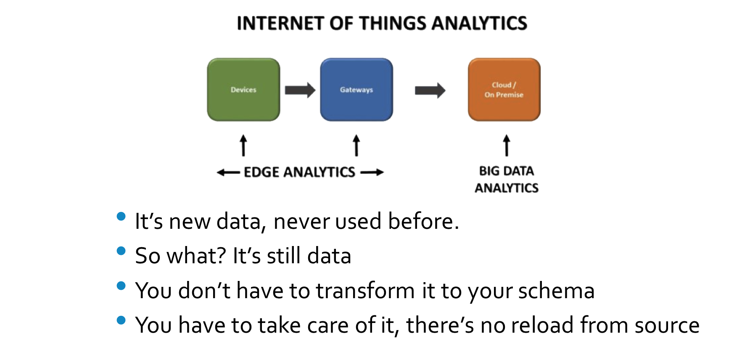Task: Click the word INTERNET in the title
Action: point(280,24)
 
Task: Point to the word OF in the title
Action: point(341,24)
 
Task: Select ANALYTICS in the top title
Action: point(479,24)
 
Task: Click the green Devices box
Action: point(243,90)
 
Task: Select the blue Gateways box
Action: point(357,90)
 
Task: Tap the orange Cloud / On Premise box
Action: point(504,90)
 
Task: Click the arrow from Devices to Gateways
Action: point(300,90)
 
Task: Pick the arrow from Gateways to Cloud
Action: point(430,90)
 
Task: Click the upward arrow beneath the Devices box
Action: point(243,145)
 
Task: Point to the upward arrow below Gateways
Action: point(357,145)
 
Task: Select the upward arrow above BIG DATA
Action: point(507,145)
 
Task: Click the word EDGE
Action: point(261,172)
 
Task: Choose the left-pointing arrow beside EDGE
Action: point(227,172)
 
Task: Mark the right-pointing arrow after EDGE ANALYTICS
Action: point(372,172)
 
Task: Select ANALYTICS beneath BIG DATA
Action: point(507,188)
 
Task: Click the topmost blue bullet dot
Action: point(121,216)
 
